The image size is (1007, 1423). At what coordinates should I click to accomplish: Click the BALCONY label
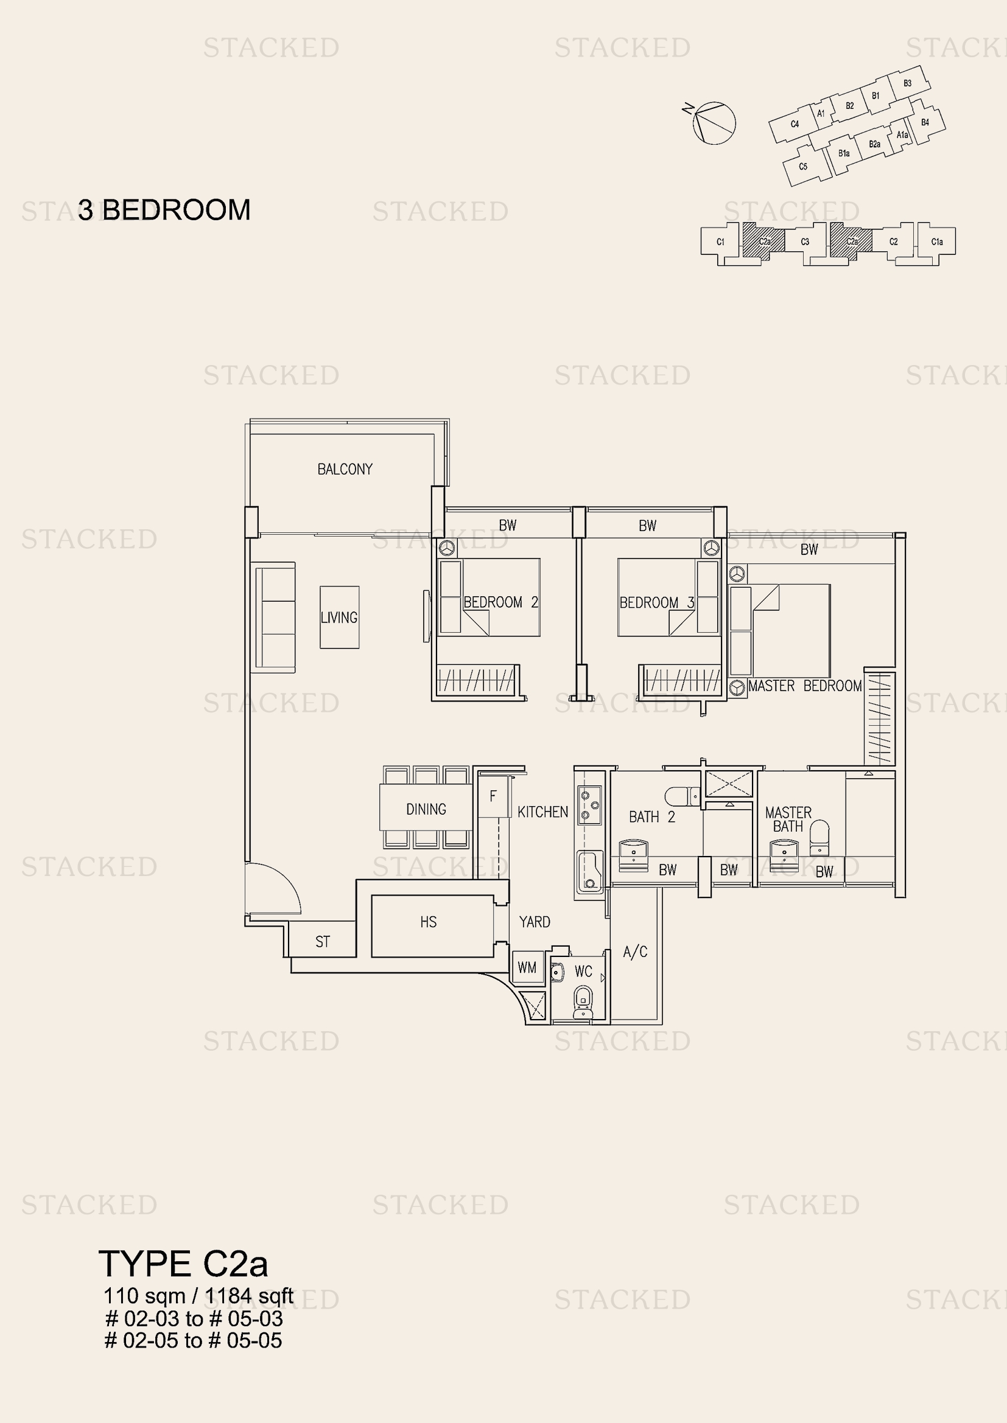point(345,469)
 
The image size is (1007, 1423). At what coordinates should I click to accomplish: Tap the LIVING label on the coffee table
point(339,618)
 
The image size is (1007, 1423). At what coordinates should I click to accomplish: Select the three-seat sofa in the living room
point(275,617)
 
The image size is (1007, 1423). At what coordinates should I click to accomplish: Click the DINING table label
point(426,809)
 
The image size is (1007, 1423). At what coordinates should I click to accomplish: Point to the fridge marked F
point(493,796)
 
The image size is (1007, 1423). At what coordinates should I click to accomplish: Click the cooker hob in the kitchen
point(589,805)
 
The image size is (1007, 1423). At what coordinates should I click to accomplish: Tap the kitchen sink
point(589,871)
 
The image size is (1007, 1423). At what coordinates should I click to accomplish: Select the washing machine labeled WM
point(527,967)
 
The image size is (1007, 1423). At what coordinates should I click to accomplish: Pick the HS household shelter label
point(428,922)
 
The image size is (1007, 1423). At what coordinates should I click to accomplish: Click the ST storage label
point(323,942)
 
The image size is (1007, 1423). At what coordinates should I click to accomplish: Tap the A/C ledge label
point(635,952)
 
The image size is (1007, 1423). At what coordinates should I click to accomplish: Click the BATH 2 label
point(651,817)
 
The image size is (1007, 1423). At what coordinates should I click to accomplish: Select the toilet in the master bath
point(819,837)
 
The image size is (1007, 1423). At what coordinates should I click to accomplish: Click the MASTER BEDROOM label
point(804,686)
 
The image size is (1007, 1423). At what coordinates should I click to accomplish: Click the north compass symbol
point(713,122)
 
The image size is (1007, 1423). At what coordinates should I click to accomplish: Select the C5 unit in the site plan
point(804,166)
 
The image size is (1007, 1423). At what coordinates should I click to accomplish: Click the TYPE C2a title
point(183,1264)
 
